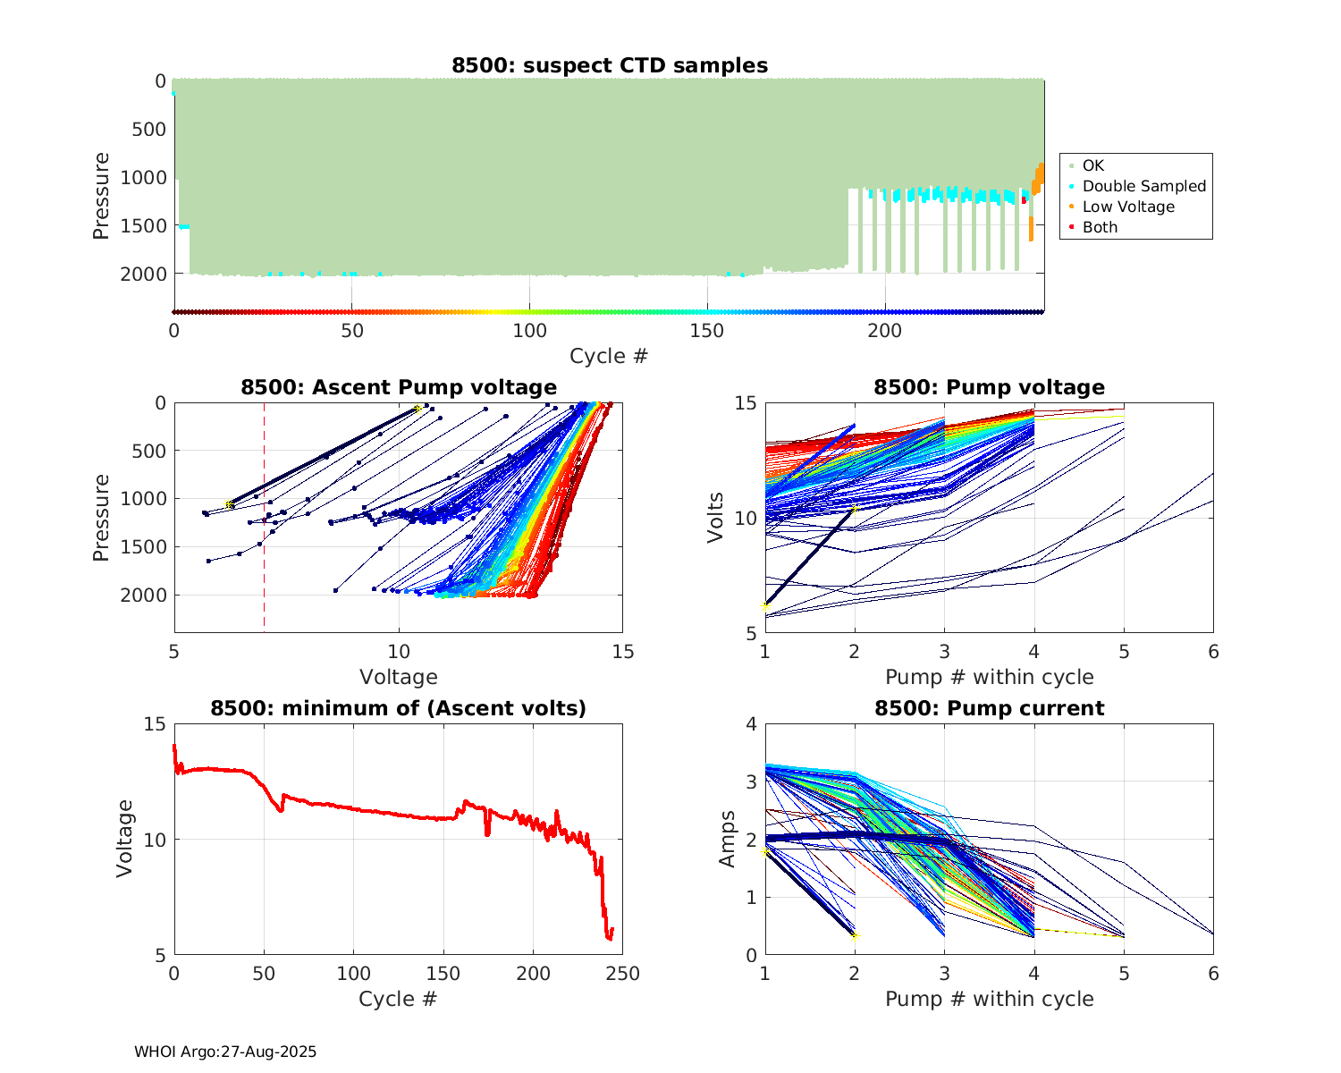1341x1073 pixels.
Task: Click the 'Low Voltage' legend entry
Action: [1128, 207]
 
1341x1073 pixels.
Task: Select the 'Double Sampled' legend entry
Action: [1143, 186]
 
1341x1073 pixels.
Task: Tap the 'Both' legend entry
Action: [1100, 227]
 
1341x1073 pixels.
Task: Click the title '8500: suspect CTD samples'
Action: [609, 65]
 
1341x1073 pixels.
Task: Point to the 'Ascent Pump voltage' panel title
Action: [399, 387]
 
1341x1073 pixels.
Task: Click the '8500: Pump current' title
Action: [989, 708]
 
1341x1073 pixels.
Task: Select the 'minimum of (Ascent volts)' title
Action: [399, 708]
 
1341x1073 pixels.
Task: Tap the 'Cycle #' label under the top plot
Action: [609, 356]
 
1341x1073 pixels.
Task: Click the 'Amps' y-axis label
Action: [728, 839]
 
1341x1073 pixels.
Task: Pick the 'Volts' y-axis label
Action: [716, 518]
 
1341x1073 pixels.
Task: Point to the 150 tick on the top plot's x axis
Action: [707, 330]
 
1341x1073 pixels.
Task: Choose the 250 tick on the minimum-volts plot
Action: [622, 973]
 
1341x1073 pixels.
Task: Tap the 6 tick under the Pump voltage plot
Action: [1213, 652]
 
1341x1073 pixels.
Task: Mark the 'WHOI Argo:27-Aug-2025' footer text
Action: [225, 1052]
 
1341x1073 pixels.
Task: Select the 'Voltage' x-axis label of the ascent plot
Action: [399, 677]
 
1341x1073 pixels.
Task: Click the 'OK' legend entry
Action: [1092, 165]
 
